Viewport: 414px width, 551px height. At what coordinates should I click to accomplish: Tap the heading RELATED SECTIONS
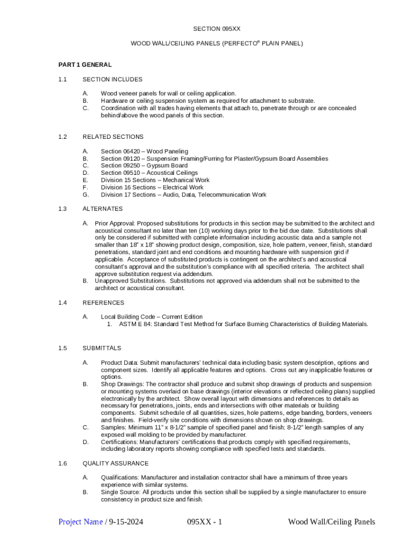click(112, 137)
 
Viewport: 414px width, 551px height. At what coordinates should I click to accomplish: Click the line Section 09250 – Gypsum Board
click(144, 166)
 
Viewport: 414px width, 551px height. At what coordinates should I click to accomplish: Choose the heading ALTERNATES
click(102, 209)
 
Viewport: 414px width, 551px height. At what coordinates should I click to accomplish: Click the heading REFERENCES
click(103, 302)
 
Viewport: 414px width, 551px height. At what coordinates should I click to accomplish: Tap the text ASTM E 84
click(129, 324)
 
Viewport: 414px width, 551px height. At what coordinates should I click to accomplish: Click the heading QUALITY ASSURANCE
click(115, 463)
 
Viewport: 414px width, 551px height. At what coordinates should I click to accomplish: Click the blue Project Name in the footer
click(81, 522)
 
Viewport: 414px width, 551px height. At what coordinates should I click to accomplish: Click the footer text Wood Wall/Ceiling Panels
click(331, 522)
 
